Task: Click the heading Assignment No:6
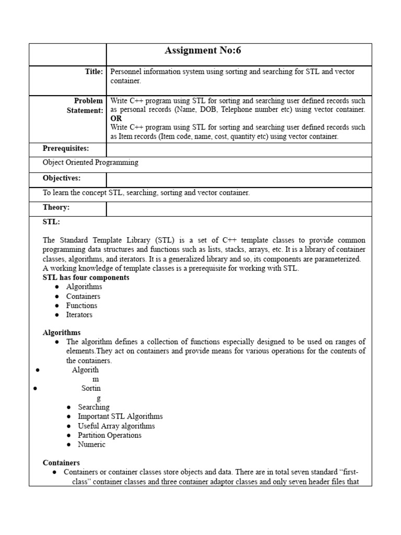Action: pos(203,51)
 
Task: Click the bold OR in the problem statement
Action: pos(116,119)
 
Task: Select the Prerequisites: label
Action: pos(66,149)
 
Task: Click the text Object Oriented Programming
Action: pos(90,162)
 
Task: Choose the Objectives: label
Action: pos(62,178)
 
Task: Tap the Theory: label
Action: pos(56,207)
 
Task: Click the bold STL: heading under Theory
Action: pos(51,222)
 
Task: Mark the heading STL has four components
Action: pos(86,277)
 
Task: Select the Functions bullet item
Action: pos(81,306)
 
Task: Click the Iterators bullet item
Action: pos(79,315)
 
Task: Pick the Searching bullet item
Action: pos(93,407)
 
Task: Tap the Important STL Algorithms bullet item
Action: pos(120,416)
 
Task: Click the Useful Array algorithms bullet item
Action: pos(116,426)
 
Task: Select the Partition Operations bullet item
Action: pos(110,435)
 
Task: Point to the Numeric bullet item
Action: pos(91,445)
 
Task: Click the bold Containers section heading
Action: pos(61,463)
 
